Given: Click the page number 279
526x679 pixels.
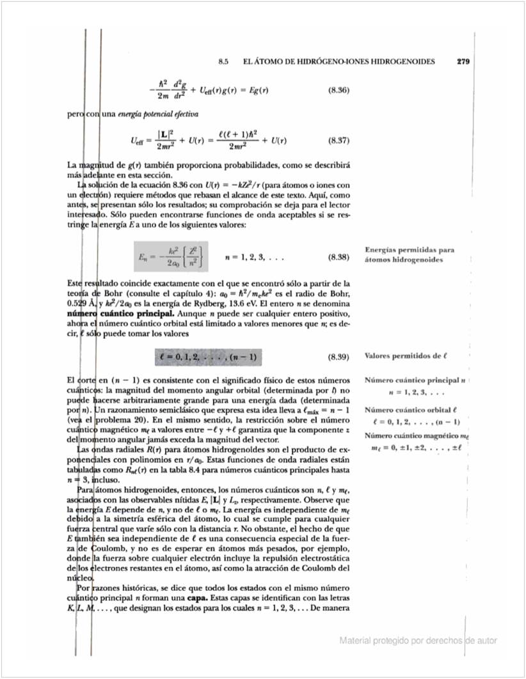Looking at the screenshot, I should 464,62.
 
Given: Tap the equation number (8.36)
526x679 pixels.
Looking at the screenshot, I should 338,90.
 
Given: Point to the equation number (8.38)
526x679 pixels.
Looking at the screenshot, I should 338,257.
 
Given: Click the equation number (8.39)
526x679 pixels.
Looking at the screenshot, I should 338,355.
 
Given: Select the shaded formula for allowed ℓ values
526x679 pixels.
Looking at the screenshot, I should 209,355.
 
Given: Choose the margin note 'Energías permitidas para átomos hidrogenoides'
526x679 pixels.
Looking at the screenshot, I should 410,254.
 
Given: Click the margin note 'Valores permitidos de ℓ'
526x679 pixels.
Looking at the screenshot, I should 405,355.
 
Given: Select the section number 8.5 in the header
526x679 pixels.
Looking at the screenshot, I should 223,62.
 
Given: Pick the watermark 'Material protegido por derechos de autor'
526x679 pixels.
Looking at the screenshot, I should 418,640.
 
